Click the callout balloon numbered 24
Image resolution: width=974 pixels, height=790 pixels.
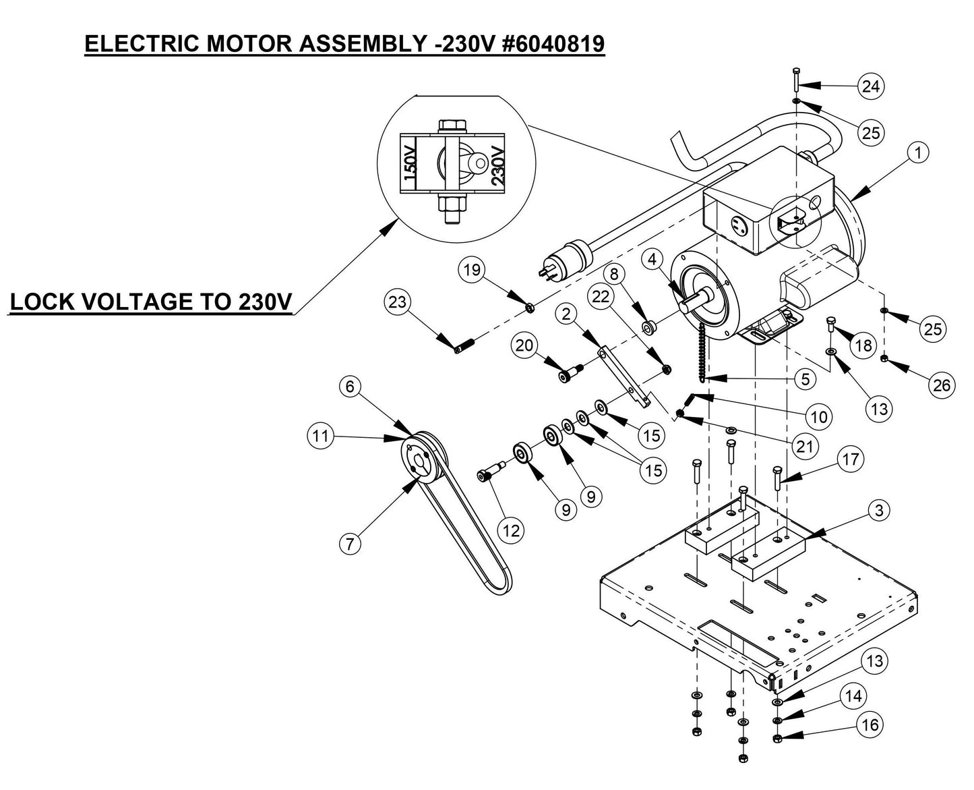point(870,86)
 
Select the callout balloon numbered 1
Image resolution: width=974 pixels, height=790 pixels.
point(917,153)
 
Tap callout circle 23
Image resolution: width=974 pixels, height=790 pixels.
point(398,302)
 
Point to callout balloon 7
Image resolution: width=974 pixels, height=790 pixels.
point(349,543)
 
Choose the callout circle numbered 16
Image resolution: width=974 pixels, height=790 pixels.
point(870,725)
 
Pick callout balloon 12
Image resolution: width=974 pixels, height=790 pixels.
point(512,531)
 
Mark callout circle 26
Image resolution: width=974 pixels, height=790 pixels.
point(941,385)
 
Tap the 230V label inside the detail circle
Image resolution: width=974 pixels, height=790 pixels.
point(497,163)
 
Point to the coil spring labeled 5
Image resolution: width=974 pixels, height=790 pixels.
point(701,351)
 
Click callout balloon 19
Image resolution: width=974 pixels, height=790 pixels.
point(472,271)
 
